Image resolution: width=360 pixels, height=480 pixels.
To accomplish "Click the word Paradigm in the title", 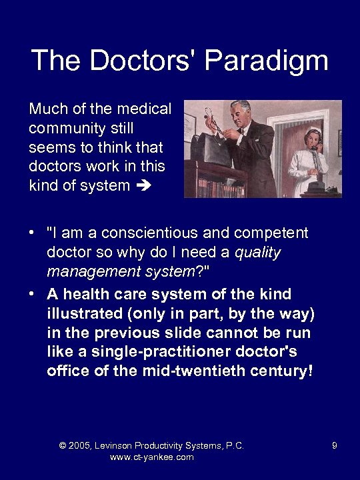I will click(x=266, y=61).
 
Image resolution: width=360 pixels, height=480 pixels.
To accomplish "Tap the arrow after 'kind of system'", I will click(x=143, y=186).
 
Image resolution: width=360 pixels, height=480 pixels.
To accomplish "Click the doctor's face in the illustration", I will click(x=239, y=112).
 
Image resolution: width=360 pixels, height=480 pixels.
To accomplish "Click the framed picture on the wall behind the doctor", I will click(x=189, y=123).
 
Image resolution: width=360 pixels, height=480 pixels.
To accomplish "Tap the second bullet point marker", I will click(x=31, y=295).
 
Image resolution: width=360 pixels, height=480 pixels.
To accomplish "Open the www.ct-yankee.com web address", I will click(x=151, y=457).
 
